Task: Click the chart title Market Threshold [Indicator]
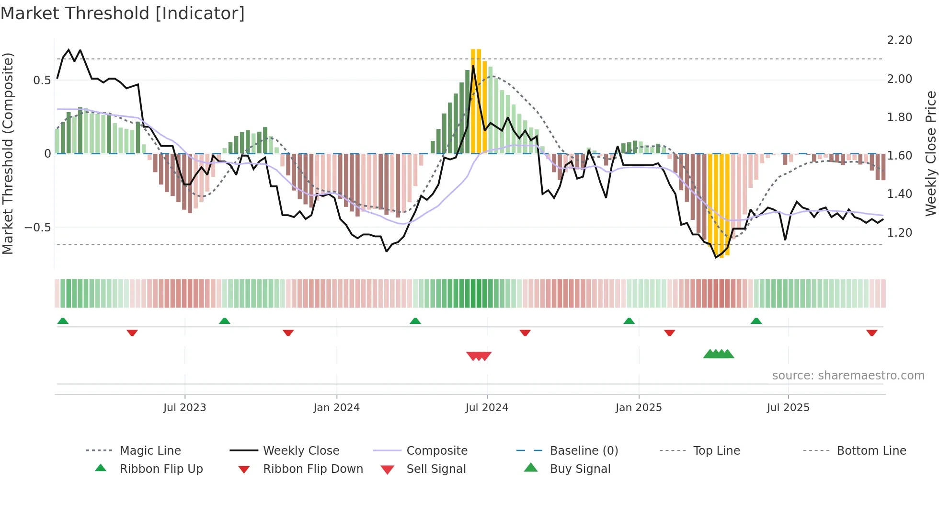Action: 123,13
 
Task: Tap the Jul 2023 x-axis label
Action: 184,408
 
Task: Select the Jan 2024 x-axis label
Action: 336,408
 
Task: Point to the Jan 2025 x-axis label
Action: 639,408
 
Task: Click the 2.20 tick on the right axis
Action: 899,40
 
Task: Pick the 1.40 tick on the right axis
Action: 899,194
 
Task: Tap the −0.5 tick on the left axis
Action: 37,228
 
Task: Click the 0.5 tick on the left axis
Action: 42,80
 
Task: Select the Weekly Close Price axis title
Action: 930,153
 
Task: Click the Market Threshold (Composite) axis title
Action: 8,153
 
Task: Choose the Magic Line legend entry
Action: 150,451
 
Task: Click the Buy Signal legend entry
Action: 580,469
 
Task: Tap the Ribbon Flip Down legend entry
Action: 313,469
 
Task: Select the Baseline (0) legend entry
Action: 584,451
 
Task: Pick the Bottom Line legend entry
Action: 871,451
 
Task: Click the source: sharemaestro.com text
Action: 848,376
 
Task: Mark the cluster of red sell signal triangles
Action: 479,356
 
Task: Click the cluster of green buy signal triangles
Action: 718,354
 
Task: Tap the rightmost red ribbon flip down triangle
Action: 871,333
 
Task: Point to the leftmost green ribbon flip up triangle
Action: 63,321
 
